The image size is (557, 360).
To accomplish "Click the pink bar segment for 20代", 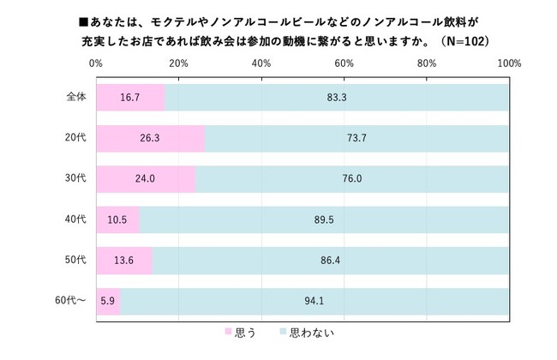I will (x=150, y=138).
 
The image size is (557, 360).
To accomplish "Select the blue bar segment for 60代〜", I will (x=314, y=300).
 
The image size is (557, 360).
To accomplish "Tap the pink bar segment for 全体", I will (x=130, y=98).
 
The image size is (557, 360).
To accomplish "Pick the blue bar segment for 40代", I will (x=324, y=219).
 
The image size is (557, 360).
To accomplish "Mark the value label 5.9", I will (x=109, y=300).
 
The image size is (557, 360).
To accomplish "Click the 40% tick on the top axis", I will (x=261, y=63).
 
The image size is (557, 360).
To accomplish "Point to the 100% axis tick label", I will (x=508, y=63).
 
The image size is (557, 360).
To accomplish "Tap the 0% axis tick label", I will (x=97, y=63).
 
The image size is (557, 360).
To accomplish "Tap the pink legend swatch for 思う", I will (x=228, y=331).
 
